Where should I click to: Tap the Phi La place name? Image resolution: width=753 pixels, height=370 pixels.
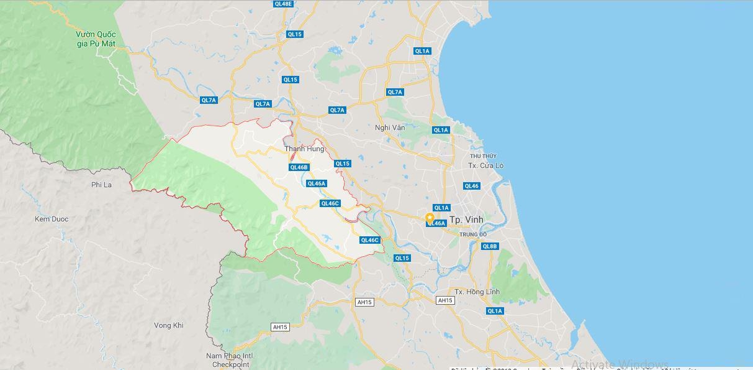tap(101, 185)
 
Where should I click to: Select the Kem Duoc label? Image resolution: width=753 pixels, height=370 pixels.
tap(52, 219)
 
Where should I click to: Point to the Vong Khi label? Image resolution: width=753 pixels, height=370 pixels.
tap(169, 325)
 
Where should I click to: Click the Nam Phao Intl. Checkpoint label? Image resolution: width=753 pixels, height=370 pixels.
tap(231, 360)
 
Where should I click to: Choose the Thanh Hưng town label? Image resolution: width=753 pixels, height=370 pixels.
tap(304, 149)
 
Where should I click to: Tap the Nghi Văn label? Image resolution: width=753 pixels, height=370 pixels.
tap(390, 127)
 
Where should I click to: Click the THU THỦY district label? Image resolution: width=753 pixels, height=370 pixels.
tap(483, 155)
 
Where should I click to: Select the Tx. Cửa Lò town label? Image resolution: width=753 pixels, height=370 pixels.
tap(485, 165)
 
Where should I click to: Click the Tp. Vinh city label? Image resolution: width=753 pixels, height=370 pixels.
tap(466, 220)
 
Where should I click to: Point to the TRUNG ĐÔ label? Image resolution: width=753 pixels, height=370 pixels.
tap(472, 234)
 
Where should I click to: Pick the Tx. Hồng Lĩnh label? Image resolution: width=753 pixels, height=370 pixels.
tap(477, 292)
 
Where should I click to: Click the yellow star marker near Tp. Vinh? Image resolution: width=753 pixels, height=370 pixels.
tap(430, 218)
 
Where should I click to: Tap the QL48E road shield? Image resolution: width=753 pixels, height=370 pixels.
tap(282, 4)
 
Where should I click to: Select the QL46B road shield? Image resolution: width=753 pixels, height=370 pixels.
tap(299, 167)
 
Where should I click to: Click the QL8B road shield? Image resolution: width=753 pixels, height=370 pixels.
tap(490, 246)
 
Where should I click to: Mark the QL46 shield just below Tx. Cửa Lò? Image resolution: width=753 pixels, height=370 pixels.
tap(471, 186)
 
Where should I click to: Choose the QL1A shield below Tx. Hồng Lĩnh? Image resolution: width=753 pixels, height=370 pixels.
tap(495, 311)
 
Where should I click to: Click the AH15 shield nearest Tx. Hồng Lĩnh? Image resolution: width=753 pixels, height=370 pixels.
tap(445, 300)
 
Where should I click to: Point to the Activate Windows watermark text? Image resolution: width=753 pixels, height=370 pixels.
tap(620, 364)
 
